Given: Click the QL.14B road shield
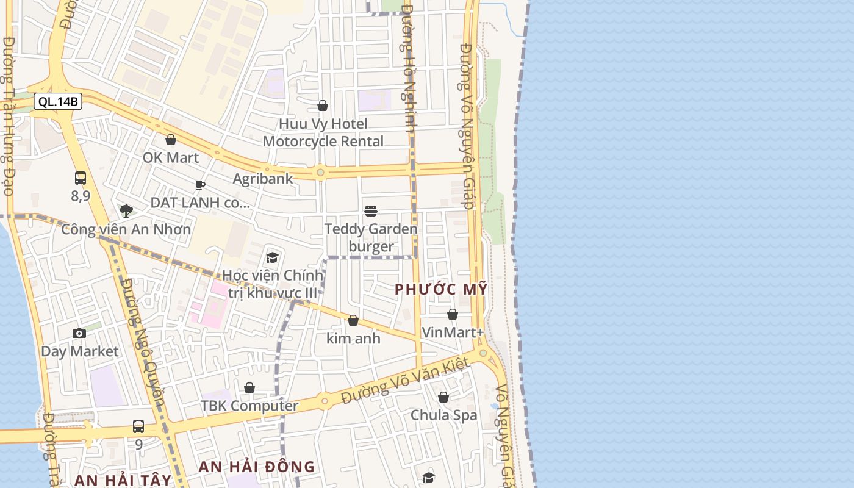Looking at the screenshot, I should (x=58, y=101).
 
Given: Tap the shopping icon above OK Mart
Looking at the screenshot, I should (x=171, y=140).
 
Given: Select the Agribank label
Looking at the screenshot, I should (x=263, y=179).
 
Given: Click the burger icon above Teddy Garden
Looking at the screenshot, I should (x=371, y=211).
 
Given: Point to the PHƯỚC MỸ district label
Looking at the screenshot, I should (x=441, y=289).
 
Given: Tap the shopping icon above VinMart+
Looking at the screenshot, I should (x=453, y=315).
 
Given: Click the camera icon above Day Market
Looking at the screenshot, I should (x=79, y=333).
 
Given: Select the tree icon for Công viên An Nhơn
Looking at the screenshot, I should (x=126, y=211).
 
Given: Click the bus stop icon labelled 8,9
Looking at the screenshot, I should (x=81, y=178).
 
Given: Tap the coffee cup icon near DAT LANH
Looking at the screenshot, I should (x=200, y=185).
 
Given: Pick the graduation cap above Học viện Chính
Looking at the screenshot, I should (x=272, y=257).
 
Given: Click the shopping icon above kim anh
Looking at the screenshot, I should (x=353, y=320).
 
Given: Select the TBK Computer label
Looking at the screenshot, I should (x=249, y=406).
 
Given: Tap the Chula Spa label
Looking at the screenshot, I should (x=443, y=415).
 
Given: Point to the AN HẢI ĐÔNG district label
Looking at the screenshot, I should (x=257, y=467).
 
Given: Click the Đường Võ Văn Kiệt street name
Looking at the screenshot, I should (x=405, y=381).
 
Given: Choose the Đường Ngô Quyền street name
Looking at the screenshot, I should (x=143, y=342).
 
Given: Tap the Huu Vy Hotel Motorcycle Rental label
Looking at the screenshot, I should (x=323, y=132).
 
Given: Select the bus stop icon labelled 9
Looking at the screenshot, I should (x=138, y=426).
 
